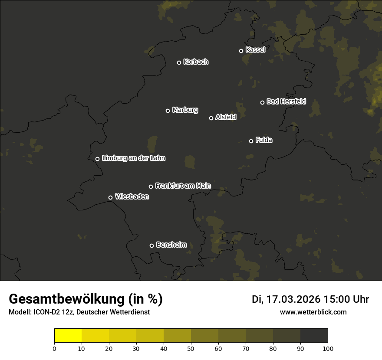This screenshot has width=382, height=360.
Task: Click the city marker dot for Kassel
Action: tap(241, 51)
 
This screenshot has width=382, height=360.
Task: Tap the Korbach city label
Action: tap(196, 62)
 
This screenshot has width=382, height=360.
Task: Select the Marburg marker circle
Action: tap(168, 111)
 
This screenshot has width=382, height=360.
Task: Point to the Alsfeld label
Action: tap(226, 117)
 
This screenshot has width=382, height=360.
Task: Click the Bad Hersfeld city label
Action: tap(286, 101)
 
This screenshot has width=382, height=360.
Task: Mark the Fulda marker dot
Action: tap(251, 141)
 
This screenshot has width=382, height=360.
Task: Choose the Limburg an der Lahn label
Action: tap(134, 158)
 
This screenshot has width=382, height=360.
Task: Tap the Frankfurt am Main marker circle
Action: tap(151, 187)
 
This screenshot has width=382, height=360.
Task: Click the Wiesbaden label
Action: tap(132, 196)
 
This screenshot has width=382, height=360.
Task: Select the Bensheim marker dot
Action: tap(151, 245)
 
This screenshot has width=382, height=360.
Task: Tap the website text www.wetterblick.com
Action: tap(313, 312)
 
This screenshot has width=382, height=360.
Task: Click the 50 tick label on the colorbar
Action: tap(191, 348)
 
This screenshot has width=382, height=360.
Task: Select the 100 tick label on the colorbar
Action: tap(328, 348)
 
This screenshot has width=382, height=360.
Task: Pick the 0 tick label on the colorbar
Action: tap(54, 348)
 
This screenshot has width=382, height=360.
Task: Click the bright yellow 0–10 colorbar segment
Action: tap(68, 336)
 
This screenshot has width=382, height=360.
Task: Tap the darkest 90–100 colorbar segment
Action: tap(314, 336)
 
